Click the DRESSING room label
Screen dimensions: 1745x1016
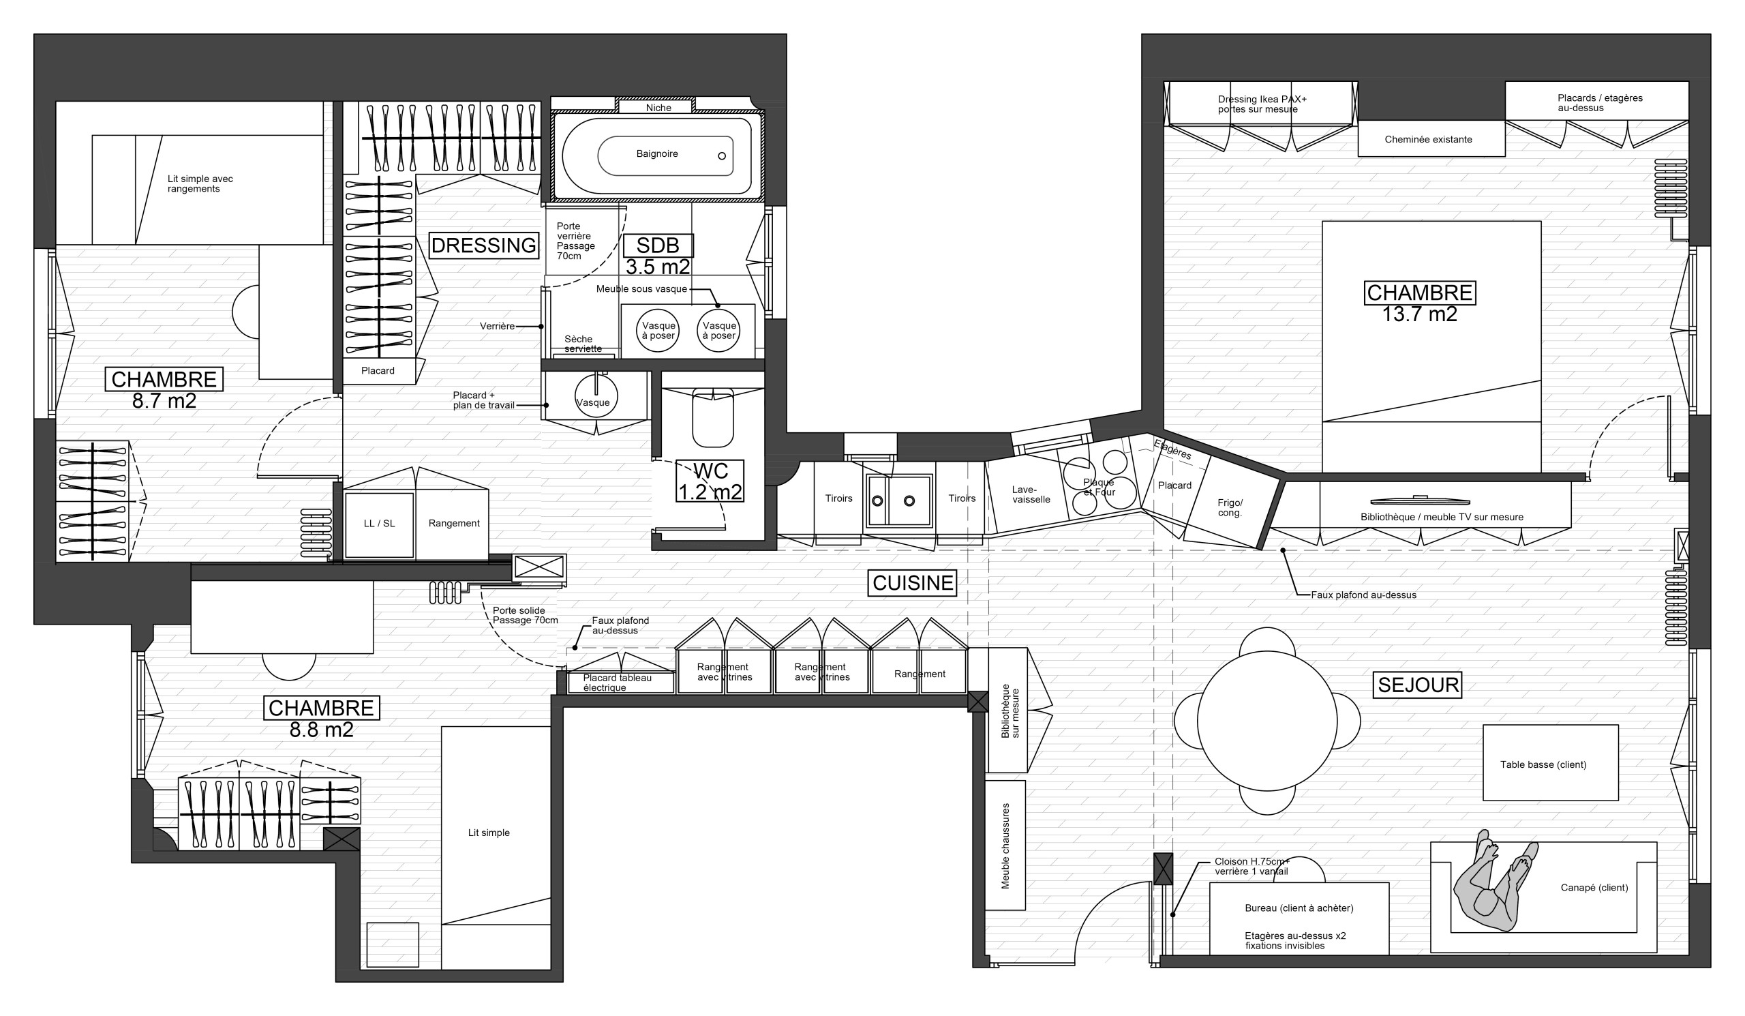[483, 245]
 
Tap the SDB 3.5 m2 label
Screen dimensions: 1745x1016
[658, 255]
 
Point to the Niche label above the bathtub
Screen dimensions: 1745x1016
[658, 108]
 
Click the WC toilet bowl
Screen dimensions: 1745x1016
[712, 417]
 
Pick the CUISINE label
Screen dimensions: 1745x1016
[913, 583]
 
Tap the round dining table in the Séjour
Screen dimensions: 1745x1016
[1266, 720]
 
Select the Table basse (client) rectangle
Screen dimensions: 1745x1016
[1551, 762]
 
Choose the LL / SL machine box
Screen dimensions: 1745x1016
[380, 524]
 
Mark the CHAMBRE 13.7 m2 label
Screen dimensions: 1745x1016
[1420, 303]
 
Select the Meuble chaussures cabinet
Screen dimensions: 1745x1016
[1005, 845]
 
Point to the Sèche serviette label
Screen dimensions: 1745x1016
[582, 344]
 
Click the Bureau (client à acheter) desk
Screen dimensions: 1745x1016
[1299, 918]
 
